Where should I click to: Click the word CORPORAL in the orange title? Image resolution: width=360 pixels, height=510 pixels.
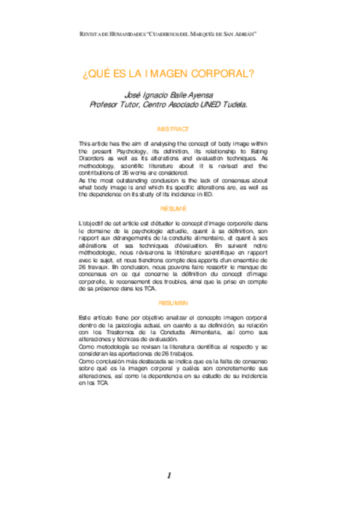coord(227,74)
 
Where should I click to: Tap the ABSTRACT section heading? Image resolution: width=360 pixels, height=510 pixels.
coord(172,129)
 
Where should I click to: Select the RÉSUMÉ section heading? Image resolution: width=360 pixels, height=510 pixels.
coord(172,208)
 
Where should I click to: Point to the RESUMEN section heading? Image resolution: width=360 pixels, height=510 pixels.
coord(172,303)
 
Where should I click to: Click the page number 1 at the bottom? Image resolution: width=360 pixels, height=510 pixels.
coord(169,475)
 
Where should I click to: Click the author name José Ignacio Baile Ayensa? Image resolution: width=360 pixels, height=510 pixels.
coord(168,94)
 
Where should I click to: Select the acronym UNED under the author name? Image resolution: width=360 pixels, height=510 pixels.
coord(206,104)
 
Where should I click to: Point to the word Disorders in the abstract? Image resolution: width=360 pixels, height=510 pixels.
coord(94,159)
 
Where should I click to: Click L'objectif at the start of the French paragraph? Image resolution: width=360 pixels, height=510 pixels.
coord(92,223)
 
